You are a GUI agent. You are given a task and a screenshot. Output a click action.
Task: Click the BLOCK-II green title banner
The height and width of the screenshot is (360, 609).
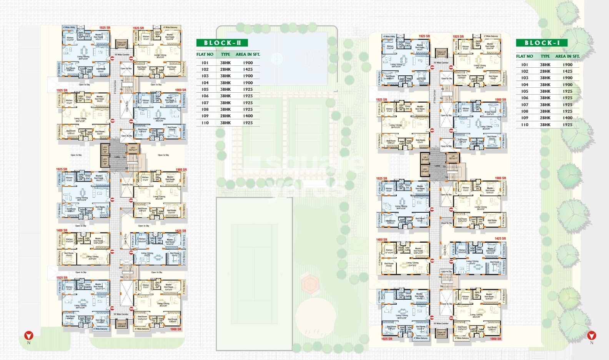[x=222, y=43]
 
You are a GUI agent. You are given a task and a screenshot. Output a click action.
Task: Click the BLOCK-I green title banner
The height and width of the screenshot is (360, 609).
[x=542, y=43]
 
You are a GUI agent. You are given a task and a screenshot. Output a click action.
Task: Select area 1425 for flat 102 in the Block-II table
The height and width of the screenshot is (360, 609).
[x=248, y=69]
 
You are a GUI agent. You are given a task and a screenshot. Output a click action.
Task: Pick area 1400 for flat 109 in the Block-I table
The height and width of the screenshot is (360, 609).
[x=567, y=118]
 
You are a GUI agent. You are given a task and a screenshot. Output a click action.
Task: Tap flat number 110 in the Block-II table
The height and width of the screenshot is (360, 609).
[x=205, y=123]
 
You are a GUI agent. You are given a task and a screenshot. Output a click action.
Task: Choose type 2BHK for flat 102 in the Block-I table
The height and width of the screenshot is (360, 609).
[x=545, y=71]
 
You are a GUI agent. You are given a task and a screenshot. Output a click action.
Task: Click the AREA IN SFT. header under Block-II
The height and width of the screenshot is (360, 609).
[x=248, y=54]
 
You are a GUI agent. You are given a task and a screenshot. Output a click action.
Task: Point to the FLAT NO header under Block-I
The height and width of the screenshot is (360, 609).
[x=524, y=56]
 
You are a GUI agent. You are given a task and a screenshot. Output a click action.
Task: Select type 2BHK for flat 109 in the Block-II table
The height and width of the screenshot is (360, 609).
[x=225, y=116]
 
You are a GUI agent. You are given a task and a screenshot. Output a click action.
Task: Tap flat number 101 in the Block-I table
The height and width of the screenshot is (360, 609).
[x=524, y=65]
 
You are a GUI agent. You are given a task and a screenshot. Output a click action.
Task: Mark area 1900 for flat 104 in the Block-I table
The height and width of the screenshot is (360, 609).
[x=567, y=85]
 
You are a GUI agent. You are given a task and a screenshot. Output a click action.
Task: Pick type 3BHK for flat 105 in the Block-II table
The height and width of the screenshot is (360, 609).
[x=225, y=89]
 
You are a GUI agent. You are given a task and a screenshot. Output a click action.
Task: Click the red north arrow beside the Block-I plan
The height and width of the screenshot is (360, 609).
[x=592, y=335]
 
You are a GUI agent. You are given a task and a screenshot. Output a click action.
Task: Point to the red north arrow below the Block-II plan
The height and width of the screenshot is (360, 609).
[x=29, y=335]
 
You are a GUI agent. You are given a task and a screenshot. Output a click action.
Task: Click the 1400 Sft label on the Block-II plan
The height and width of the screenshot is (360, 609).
[x=62, y=230]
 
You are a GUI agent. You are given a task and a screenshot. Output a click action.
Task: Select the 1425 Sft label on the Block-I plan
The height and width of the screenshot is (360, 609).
[x=500, y=238]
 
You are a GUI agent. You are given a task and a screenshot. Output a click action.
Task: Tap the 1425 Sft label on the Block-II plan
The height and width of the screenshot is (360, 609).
[x=180, y=231]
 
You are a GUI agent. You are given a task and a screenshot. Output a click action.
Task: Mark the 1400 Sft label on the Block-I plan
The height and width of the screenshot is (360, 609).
[x=382, y=240]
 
